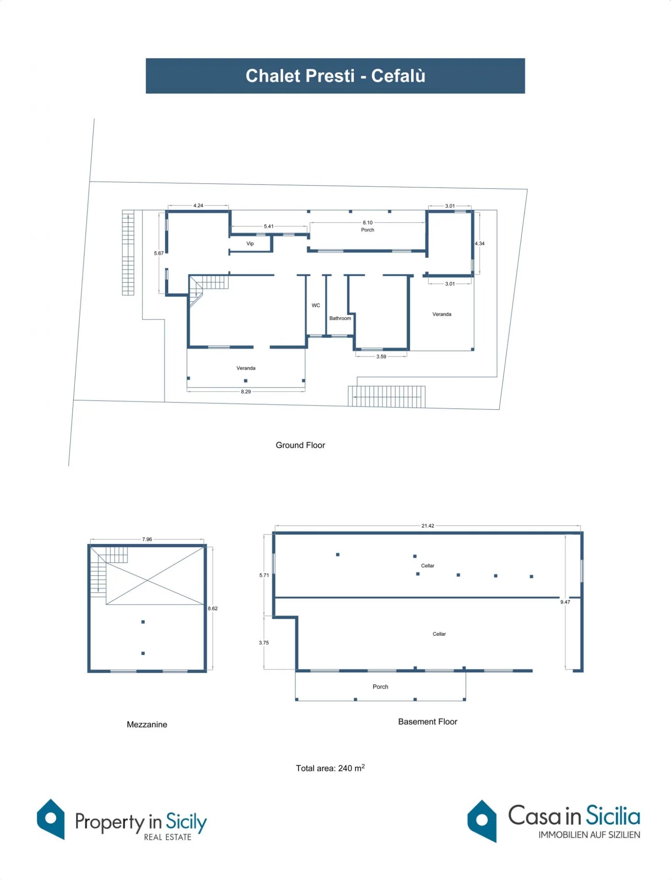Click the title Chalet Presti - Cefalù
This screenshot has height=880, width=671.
point(335,76)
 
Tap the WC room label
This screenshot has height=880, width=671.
point(316,305)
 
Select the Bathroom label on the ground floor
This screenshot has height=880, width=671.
point(340,318)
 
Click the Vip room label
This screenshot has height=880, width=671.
point(250,243)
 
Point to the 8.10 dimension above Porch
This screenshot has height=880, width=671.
point(368,223)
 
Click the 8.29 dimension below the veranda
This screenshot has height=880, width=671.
point(246,391)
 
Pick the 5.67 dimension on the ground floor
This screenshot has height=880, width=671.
point(159,253)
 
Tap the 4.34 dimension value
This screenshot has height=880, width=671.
point(479,243)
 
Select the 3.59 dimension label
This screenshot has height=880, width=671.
point(381,356)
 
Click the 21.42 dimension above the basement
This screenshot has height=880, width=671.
point(428,526)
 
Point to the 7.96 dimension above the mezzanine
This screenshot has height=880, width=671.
point(147,539)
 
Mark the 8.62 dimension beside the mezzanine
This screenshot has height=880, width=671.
point(213,608)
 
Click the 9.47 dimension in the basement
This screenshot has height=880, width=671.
point(565,602)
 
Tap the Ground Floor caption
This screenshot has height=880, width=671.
point(300,445)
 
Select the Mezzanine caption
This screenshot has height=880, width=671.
point(147,725)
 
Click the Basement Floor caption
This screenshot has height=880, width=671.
point(428,722)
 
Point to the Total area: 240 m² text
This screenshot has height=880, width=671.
point(330,768)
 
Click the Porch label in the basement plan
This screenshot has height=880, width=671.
point(380,687)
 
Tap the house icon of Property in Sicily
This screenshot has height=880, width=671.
point(51,819)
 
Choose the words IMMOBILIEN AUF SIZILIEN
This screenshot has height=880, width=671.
point(589,835)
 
